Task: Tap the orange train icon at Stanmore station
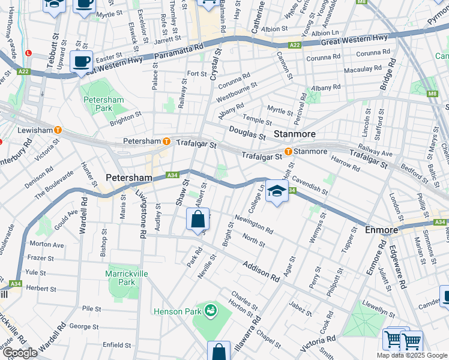(x=288, y=151)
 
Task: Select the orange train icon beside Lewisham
(x=58, y=130)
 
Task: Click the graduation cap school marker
(x=276, y=191)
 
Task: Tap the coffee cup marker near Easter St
(x=81, y=61)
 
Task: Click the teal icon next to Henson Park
(x=210, y=311)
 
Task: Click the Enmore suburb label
(x=381, y=230)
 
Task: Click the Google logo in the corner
(x=20, y=353)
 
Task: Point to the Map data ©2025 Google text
(x=411, y=355)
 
